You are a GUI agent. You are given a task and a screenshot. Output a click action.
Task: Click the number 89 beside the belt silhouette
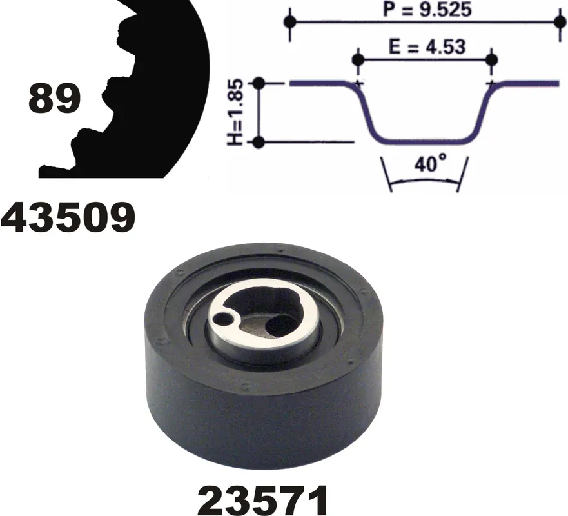pyautogui.click(x=54, y=98)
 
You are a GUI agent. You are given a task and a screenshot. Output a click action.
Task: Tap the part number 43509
pyautogui.click(x=68, y=218)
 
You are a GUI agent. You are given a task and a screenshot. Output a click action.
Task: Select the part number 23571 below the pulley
pyautogui.click(x=263, y=501)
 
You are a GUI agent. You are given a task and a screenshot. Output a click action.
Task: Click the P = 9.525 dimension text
pyautogui.click(x=427, y=10)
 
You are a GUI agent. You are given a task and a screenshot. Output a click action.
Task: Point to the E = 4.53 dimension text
pyautogui.click(x=427, y=46)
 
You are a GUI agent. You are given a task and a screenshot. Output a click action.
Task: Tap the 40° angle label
pyautogui.click(x=430, y=164)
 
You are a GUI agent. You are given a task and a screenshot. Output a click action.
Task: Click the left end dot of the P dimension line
pyautogui.click(x=289, y=22)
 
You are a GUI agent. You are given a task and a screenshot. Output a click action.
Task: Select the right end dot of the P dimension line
pyautogui.click(x=560, y=22)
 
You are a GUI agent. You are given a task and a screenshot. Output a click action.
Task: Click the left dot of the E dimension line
pyautogui.click(x=358, y=60)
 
